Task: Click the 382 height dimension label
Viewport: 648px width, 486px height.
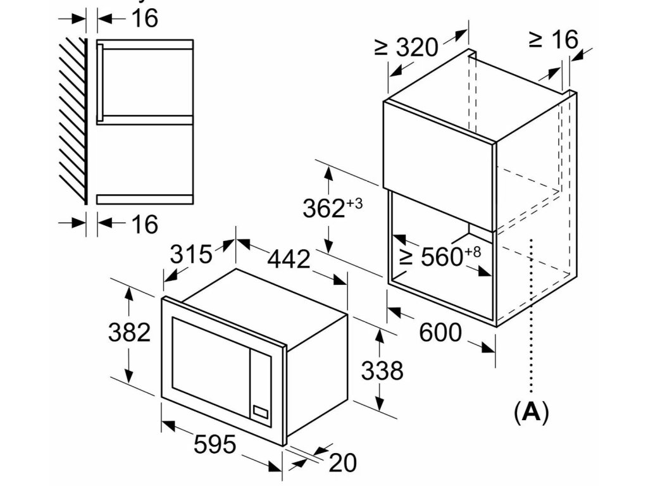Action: (x=129, y=332)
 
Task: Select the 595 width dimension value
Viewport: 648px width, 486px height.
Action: (x=215, y=445)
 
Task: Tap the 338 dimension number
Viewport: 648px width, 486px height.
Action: (x=382, y=370)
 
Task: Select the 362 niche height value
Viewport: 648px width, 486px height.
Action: (x=323, y=209)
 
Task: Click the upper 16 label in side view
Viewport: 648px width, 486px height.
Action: (x=145, y=19)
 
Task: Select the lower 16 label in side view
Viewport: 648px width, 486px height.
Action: (x=145, y=223)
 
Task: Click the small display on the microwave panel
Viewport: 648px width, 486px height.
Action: (x=260, y=411)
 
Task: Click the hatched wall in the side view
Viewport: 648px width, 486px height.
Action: (x=72, y=120)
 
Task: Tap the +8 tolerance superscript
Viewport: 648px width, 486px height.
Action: (x=473, y=251)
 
